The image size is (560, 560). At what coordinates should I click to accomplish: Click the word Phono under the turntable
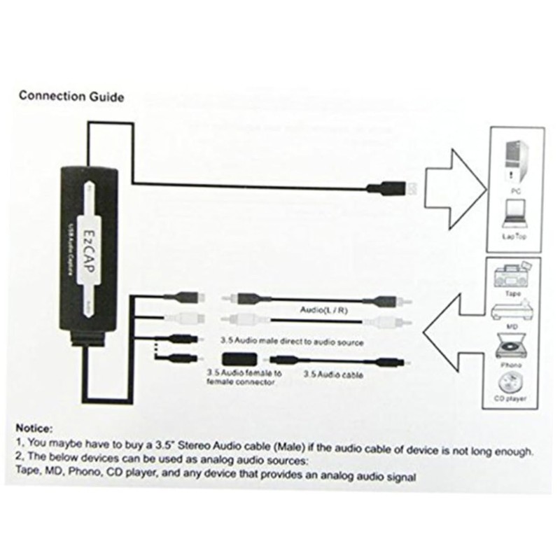click(x=515, y=364)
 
